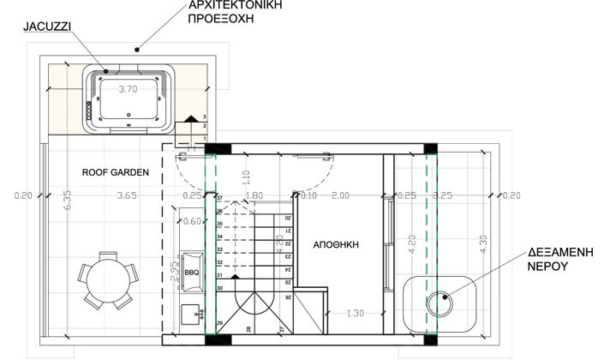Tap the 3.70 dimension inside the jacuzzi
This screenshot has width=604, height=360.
point(128,88)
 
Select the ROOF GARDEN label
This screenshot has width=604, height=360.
point(116,172)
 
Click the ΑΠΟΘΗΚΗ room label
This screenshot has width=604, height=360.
point(335,244)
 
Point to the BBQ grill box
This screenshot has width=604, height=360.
point(192,273)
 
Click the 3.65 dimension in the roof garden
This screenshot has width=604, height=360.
point(128,195)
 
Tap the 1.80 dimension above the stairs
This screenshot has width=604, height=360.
point(254,195)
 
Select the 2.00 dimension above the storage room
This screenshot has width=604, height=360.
point(341,195)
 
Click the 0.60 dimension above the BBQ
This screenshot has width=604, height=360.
point(193,222)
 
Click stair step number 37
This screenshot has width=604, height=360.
point(220,198)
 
